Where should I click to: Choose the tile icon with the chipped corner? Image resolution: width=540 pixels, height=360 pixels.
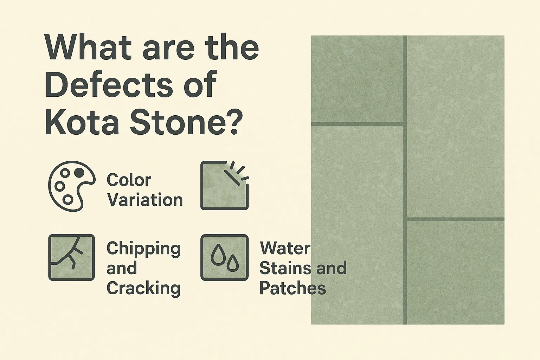tap(224, 186)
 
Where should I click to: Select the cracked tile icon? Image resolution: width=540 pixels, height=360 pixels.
tap(71, 257)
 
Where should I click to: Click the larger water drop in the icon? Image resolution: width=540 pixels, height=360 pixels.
tap(218, 254)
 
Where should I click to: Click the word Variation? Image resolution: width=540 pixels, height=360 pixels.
tap(145, 200)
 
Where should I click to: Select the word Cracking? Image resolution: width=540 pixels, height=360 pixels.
tap(143, 289)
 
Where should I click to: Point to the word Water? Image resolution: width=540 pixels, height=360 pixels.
tap(285, 249)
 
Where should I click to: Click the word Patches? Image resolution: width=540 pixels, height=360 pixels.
tap(292, 289)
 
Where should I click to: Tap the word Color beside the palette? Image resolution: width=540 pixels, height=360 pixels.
tap(129, 180)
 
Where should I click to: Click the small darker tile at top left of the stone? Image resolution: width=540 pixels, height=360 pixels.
tap(356, 79)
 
